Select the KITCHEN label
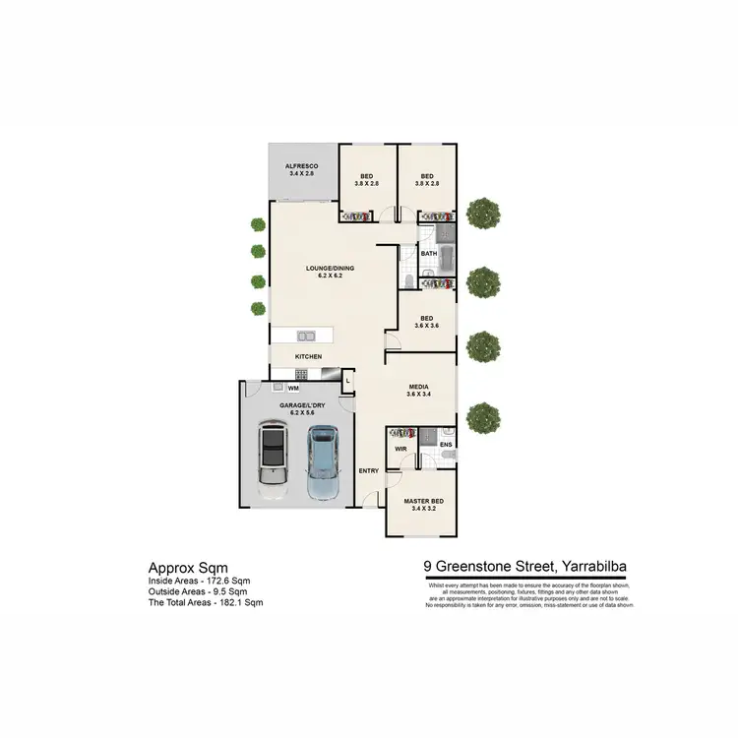pyautogui.click(x=309, y=356)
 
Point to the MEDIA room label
pyautogui.click(x=419, y=388)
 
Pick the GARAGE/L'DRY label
pyautogui.click(x=292, y=405)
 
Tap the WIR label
pyautogui.click(x=400, y=449)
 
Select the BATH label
pyautogui.click(x=429, y=254)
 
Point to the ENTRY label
pyautogui.click(x=369, y=471)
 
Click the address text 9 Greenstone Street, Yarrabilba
pyautogui.click(x=526, y=566)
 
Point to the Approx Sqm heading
pyautogui.click(x=188, y=568)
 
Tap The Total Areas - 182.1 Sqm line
pyautogui.click(x=206, y=601)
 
